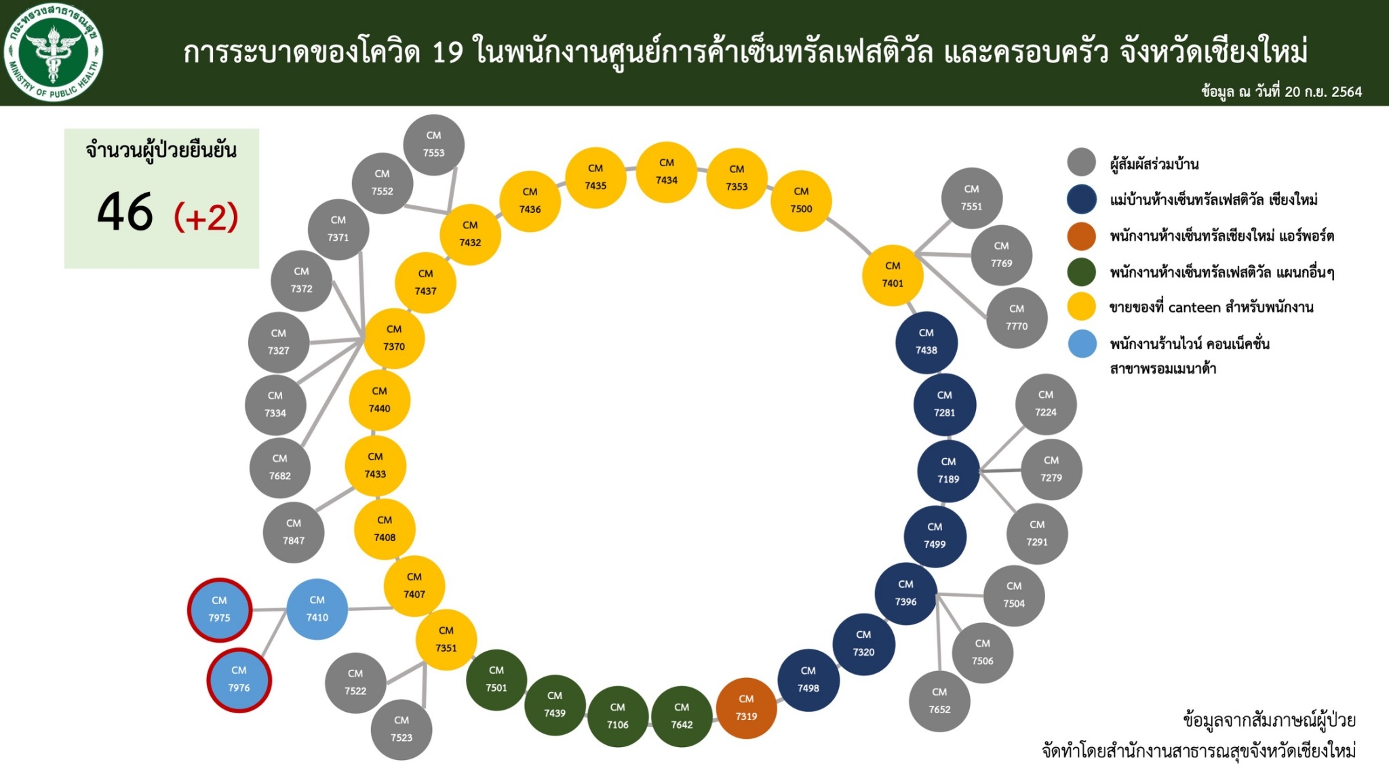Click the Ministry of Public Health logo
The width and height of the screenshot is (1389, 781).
[x=53, y=52]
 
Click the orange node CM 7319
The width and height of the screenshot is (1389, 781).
[x=746, y=708]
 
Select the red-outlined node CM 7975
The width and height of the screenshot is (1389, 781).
[x=220, y=609]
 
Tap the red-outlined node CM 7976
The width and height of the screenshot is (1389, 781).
[x=239, y=679]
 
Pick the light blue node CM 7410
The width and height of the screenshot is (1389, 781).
[x=317, y=609]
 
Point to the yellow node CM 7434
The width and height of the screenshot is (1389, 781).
[x=667, y=172]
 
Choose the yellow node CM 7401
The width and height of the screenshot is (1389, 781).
[x=893, y=275]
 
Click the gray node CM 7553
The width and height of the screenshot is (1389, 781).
[x=434, y=144]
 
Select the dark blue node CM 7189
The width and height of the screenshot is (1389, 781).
[x=948, y=470]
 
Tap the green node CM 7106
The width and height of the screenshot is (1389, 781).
[x=618, y=716]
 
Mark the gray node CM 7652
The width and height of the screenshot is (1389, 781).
[x=939, y=701]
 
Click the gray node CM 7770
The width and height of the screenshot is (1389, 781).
[x=1017, y=317]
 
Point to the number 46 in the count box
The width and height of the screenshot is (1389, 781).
[x=125, y=212]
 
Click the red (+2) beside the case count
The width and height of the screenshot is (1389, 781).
[x=206, y=218]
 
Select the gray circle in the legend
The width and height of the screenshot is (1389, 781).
[x=1082, y=163]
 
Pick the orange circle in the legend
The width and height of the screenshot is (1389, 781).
[x=1082, y=236]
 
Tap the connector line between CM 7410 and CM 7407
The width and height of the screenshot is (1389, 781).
[x=371, y=608]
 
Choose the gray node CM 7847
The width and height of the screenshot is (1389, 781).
[x=294, y=532]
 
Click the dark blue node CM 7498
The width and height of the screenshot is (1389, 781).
[x=808, y=680]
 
